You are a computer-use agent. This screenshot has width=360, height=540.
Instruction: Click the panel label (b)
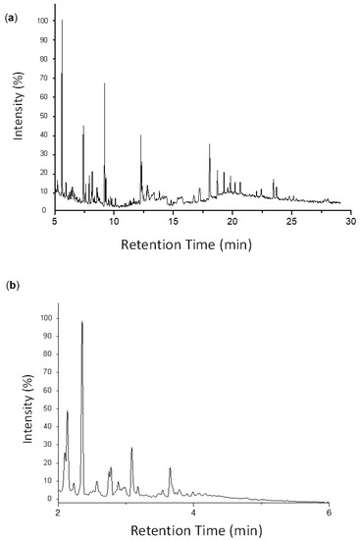pyautogui.click(x=11, y=286)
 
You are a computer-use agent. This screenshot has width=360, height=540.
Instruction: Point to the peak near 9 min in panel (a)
pyautogui.click(x=105, y=85)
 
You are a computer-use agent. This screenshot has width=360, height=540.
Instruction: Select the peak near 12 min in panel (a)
pyautogui.click(x=140, y=136)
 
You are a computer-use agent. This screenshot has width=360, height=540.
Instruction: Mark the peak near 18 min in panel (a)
pyautogui.click(x=209, y=145)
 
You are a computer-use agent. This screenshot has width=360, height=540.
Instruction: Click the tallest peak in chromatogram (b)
pyautogui.click(x=82, y=323)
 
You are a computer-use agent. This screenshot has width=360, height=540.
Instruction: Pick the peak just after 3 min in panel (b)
pyautogui.click(x=131, y=449)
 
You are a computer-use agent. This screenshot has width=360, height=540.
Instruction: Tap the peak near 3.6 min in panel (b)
pyautogui.click(x=170, y=469)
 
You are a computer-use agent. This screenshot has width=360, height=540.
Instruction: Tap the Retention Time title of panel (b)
pyautogui.click(x=196, y=531)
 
